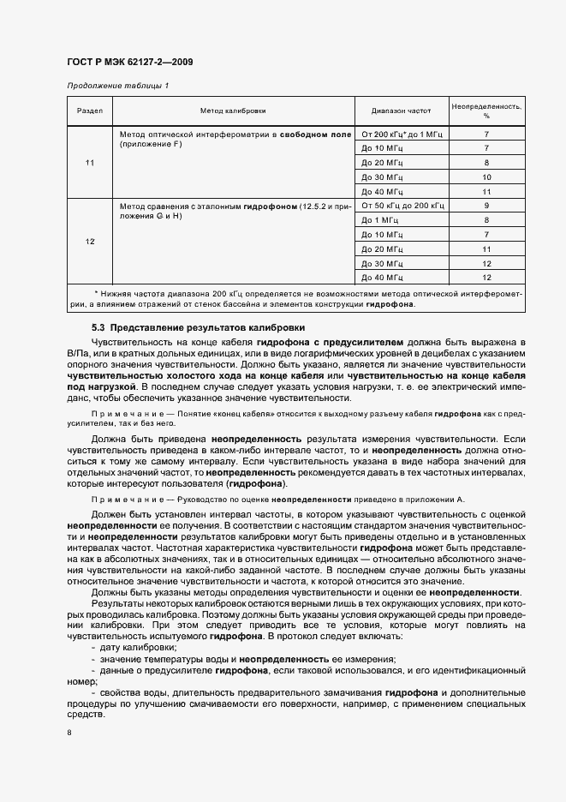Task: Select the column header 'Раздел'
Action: [x=90, y=111]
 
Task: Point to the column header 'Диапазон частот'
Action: [x=401, y=111]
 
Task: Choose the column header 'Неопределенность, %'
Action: [x=486, y=111]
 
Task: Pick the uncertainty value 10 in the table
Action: [x=486, y=177]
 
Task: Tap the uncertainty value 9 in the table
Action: [x=486, y=206]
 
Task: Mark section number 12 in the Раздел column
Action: [x=90, y=242]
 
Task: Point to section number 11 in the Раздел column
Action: [x=90, y=163]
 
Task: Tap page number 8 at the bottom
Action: [x=69, y=732]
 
